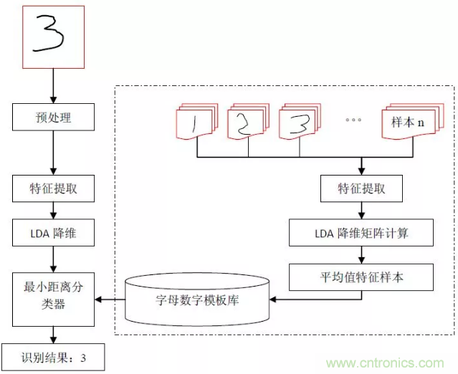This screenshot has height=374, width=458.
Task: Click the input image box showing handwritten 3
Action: (54, 35)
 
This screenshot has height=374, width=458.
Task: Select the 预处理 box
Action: (54, 117)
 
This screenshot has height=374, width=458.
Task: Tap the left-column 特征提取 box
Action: (54, 189)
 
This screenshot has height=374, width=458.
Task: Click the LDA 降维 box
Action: (54, 234)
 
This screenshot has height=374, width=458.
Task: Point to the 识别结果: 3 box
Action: (53, 357)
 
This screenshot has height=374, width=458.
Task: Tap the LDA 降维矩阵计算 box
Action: (361, 233)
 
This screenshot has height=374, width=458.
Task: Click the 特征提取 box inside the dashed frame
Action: (361, 189)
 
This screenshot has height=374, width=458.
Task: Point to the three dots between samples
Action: (353, 120)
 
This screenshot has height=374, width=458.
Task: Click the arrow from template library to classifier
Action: (112, 299)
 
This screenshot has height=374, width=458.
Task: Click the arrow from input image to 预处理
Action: (54, 86)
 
